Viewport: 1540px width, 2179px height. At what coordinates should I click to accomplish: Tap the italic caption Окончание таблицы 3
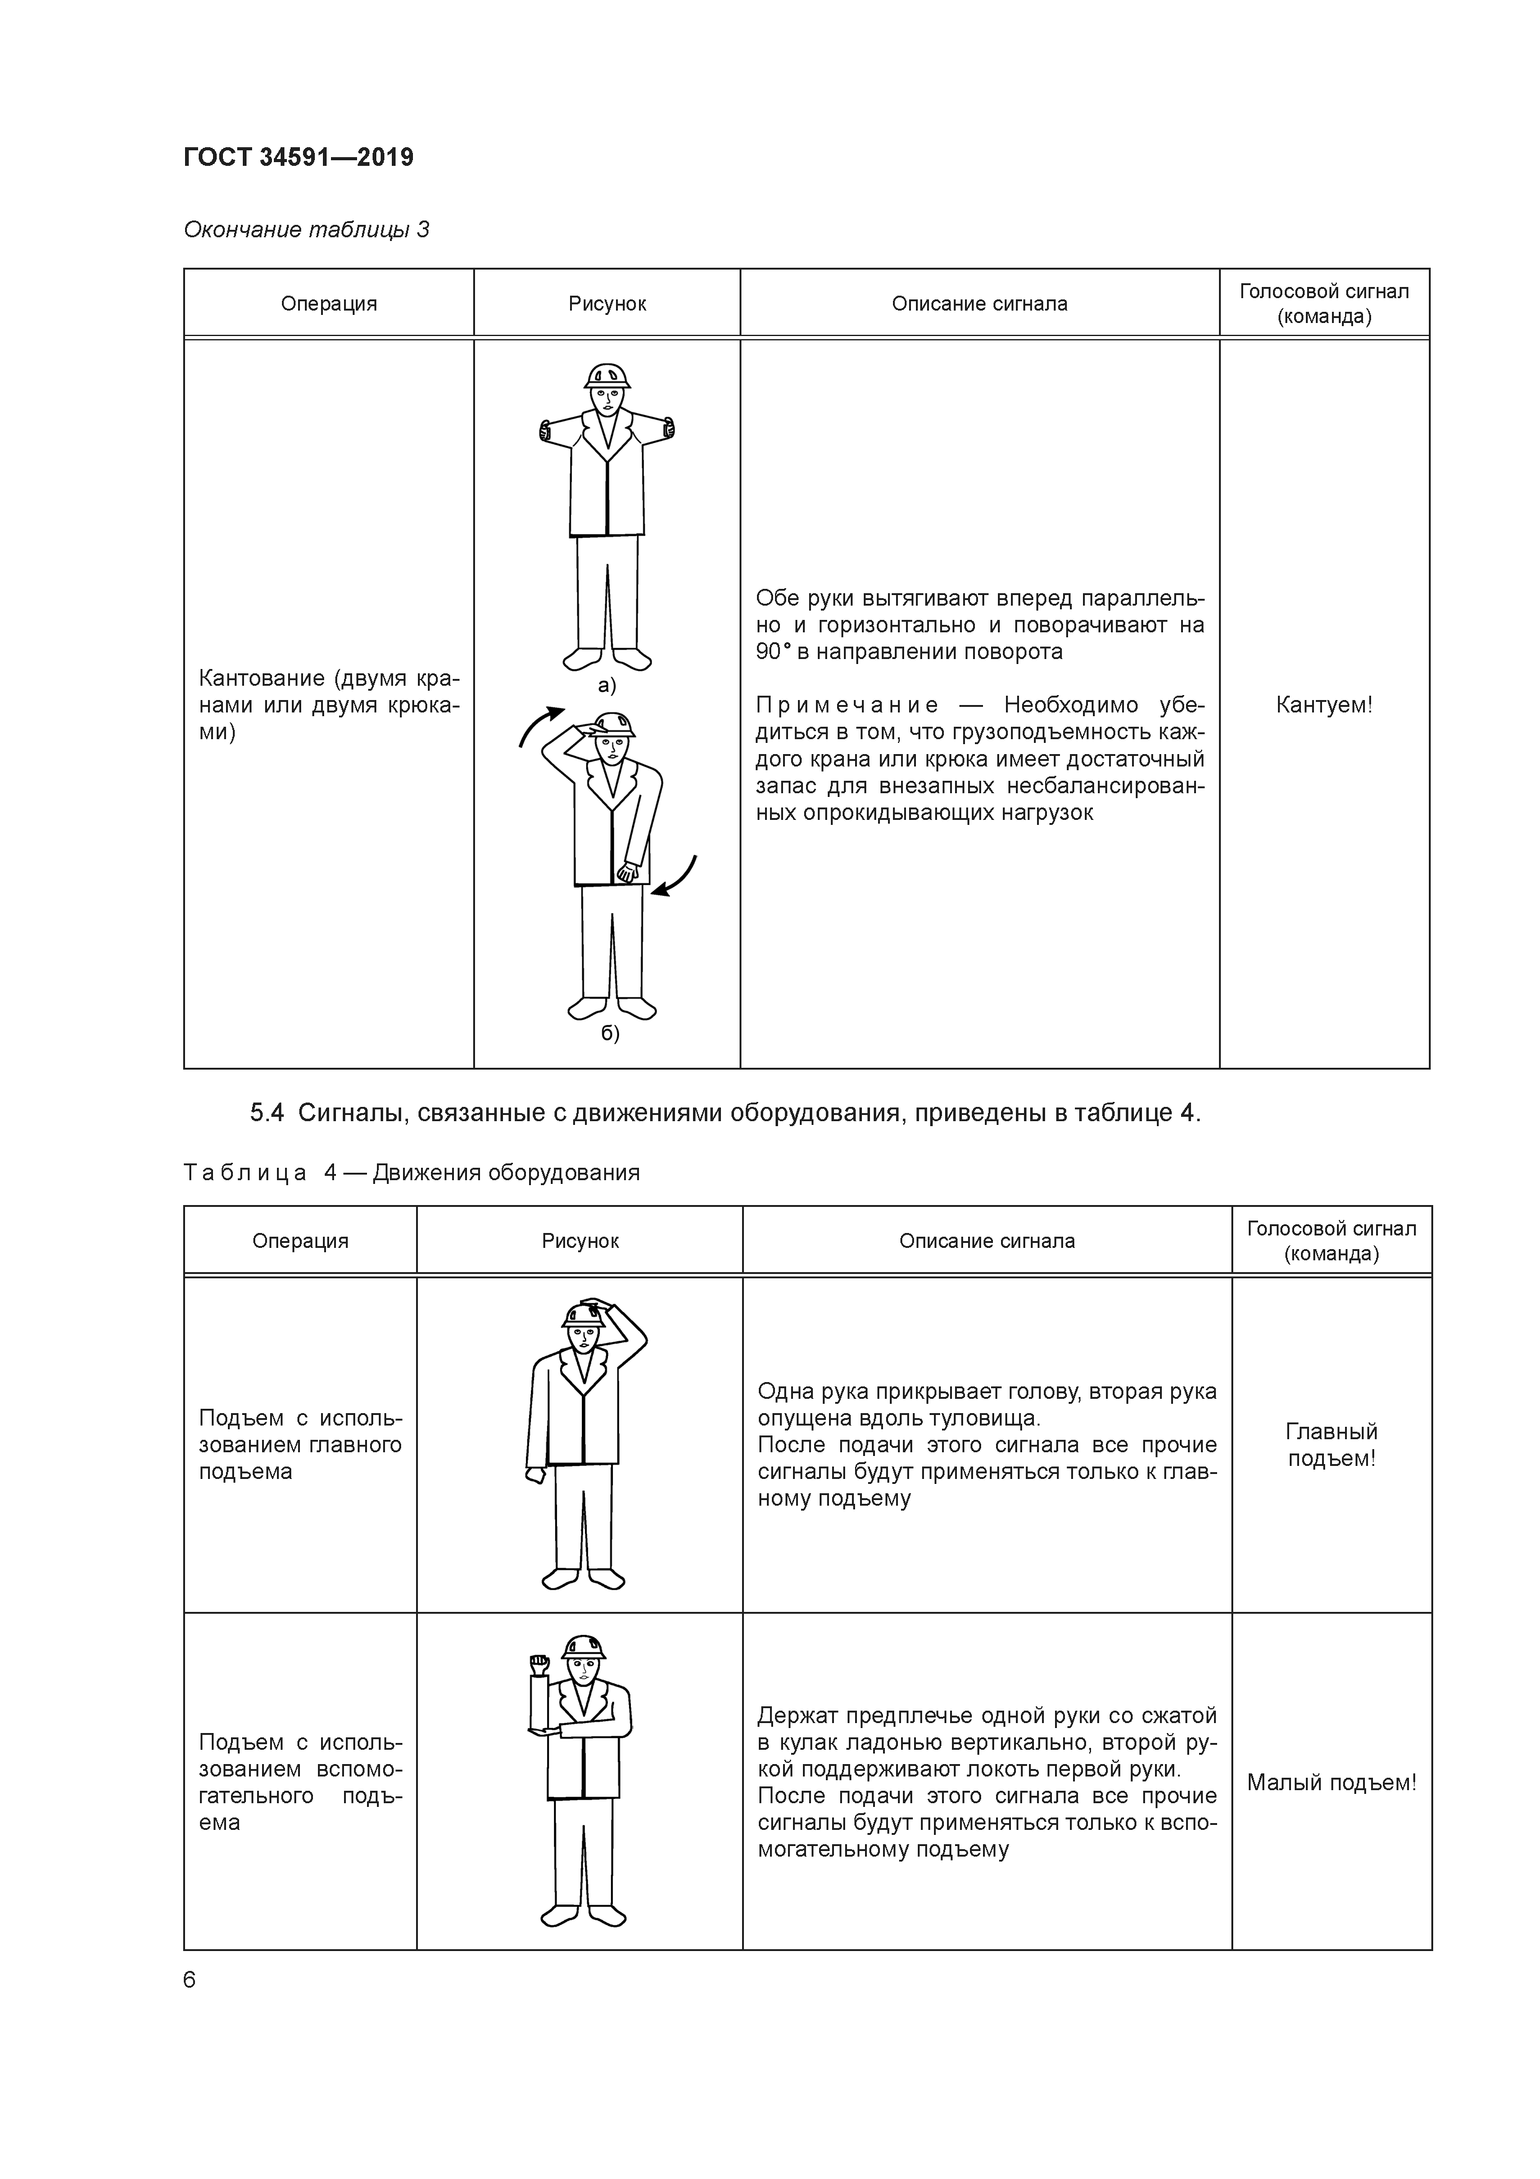(306, 230)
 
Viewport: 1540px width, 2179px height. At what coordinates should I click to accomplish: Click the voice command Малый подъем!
(1331, 1782)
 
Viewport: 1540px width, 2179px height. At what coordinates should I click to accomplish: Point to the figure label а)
(606, 685)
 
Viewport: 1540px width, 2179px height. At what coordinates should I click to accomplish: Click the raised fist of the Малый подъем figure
(539, 1663)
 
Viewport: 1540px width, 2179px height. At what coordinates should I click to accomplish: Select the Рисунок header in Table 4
(580, 1240)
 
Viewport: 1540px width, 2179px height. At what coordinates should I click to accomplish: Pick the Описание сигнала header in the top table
(979, 304)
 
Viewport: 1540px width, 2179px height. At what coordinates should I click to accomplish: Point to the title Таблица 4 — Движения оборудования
(411, 1173)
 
